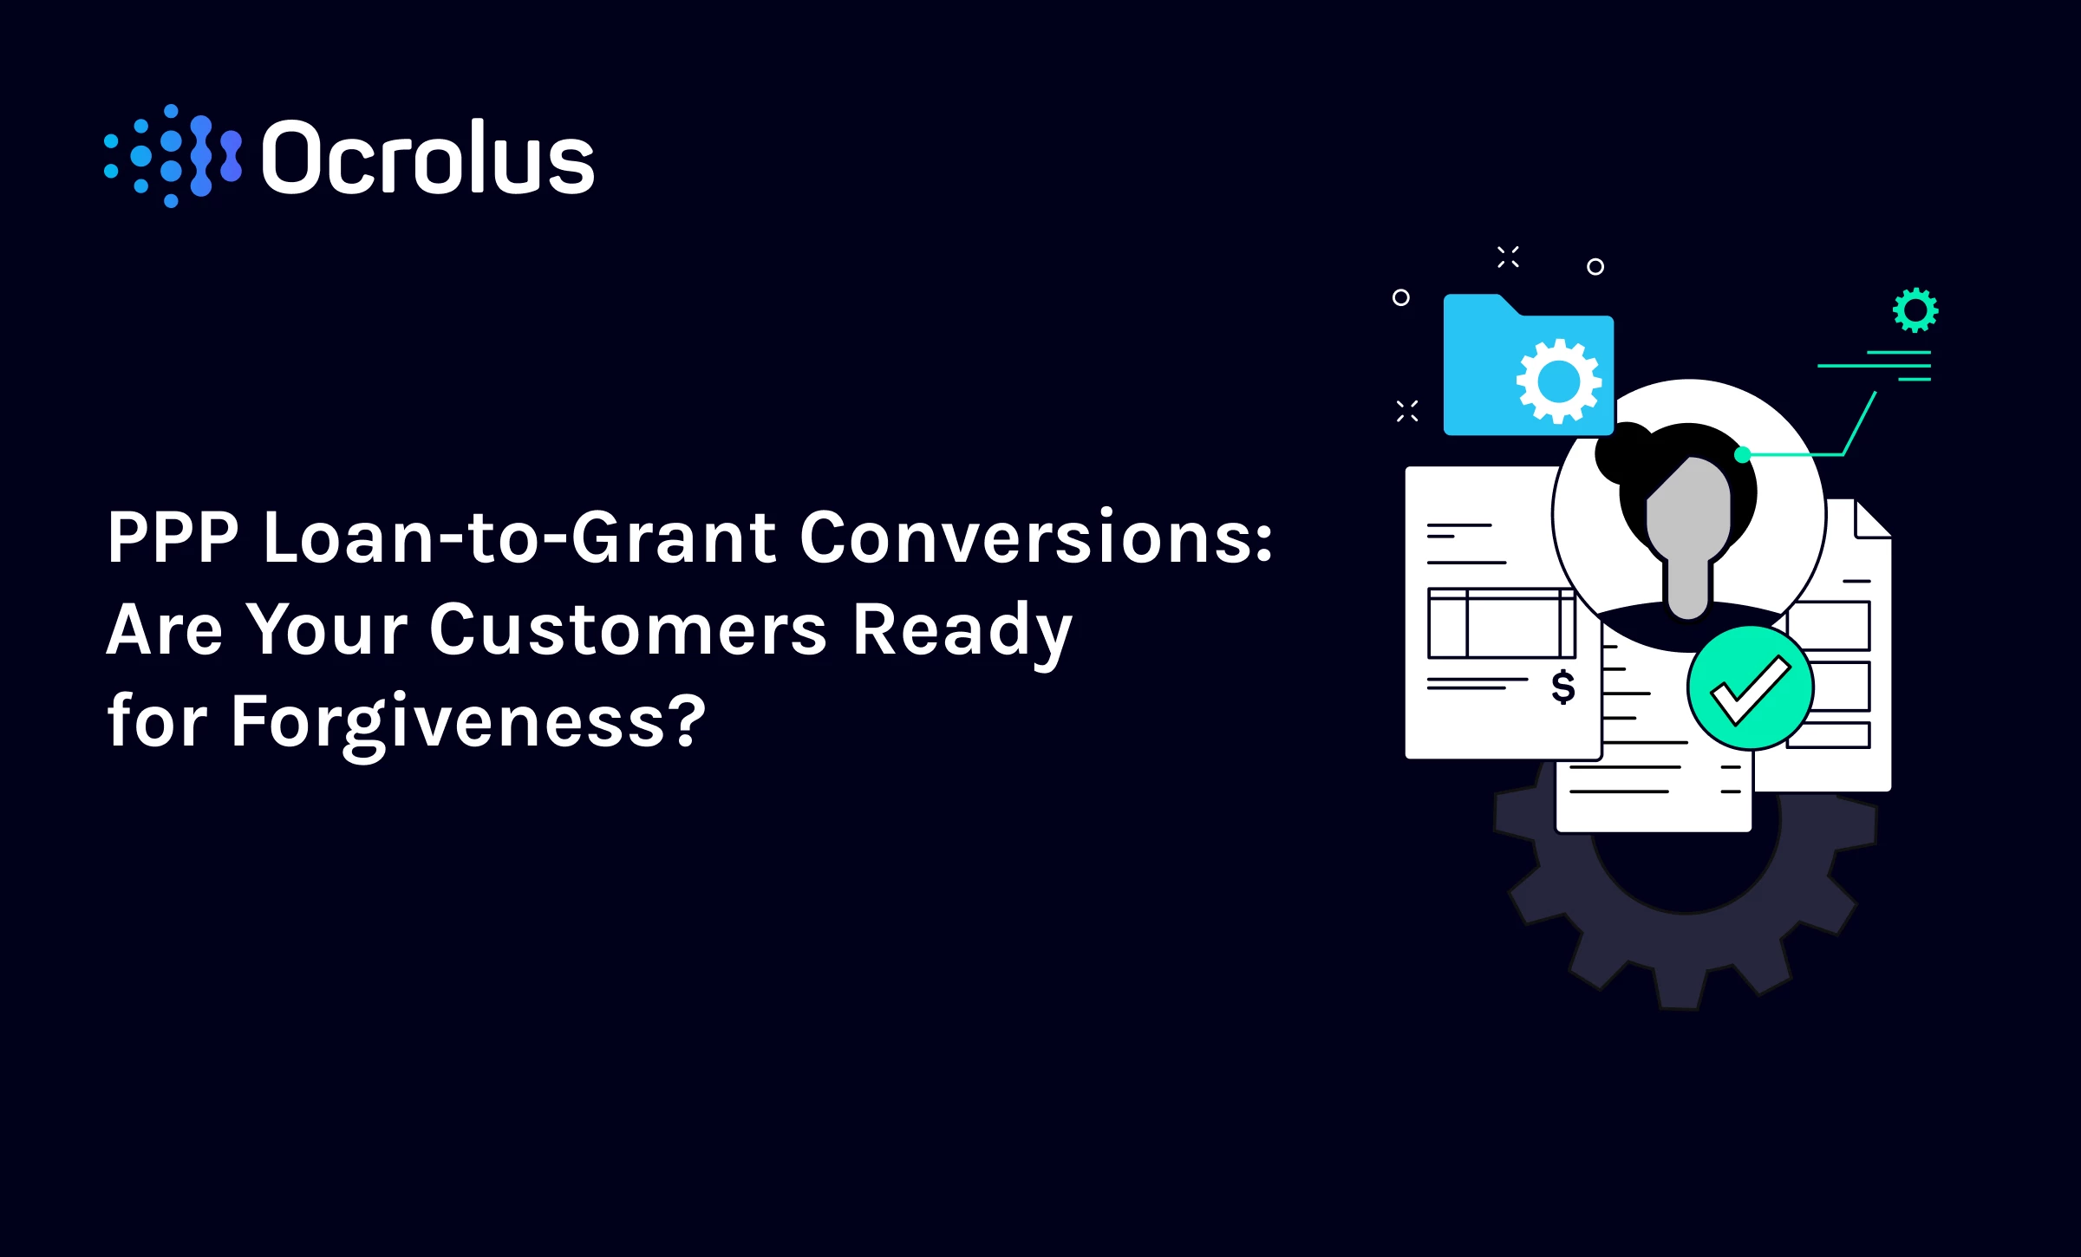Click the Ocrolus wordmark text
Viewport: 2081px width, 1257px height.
[x=427, y=157]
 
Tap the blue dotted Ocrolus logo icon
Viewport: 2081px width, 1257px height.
[x=173, y=157]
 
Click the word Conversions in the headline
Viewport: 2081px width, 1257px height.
[x=1036, y=537]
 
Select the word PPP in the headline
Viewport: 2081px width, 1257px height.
[x=173, y=537]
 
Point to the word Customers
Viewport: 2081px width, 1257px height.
[x=629, y=628]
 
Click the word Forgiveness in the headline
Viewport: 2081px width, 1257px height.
[x=468, y=722]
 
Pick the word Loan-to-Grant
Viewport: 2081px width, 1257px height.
[x=519, y=537]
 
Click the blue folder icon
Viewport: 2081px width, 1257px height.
[x=1528, y=365]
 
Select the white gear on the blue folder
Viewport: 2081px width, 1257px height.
[x=1558, y=381]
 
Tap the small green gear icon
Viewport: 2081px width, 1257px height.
[x=1915, y=309]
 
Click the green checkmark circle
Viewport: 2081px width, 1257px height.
[x=1751, y=688]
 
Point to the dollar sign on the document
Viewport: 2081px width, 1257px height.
[x=1563, y=687]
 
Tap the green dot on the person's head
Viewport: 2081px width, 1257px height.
[x=1742, y=454]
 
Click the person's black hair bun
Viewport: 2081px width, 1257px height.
[x=1623, y=451]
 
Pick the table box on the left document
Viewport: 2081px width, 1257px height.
[x=1501, y=623]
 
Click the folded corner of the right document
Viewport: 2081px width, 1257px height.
[x=1873, y=518]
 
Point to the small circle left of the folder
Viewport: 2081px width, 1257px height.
[x=1400, y=297]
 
